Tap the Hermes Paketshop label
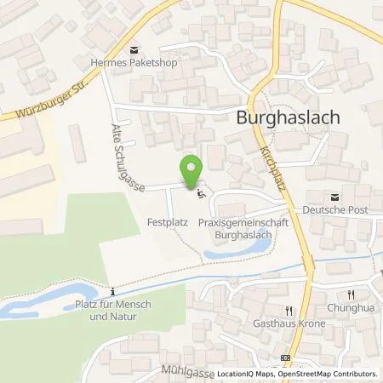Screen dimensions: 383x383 point(132,61)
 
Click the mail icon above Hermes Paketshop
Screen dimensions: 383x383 point(132,49)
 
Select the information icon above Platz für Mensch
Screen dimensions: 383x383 point(111,288)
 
